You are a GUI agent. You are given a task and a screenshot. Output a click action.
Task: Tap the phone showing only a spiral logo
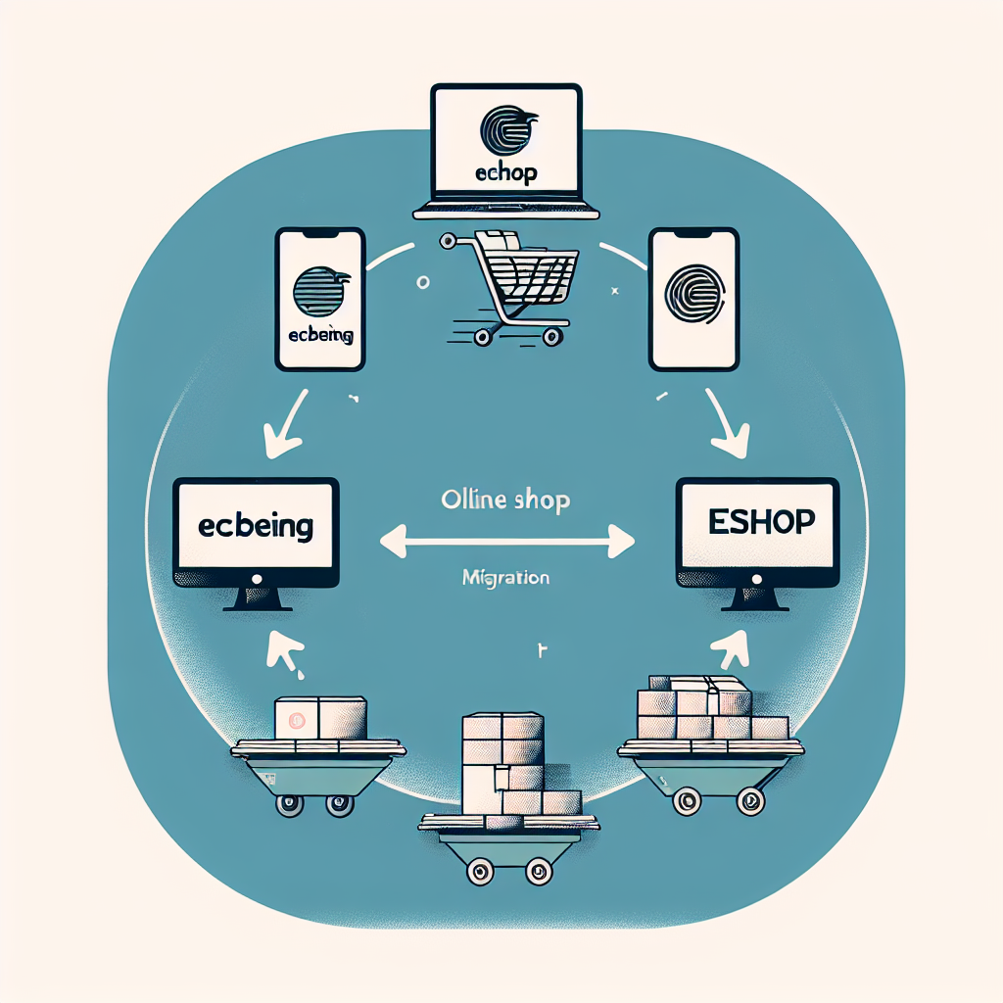tap(693, 299)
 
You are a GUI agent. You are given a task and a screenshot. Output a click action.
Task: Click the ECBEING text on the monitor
tap(256, 527)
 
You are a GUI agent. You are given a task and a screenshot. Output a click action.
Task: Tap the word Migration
tap(504, 578)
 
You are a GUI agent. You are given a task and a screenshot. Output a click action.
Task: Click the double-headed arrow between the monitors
tap(507, 537)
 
